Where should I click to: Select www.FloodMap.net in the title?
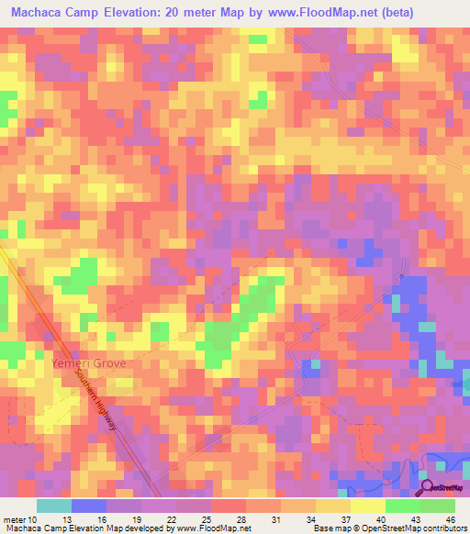[307, 13]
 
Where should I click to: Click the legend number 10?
[33, 519]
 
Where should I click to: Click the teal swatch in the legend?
[54, 506]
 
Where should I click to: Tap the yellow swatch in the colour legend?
[368, 506]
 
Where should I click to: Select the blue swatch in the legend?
[89, 506]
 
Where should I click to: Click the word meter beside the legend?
[14, 519]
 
